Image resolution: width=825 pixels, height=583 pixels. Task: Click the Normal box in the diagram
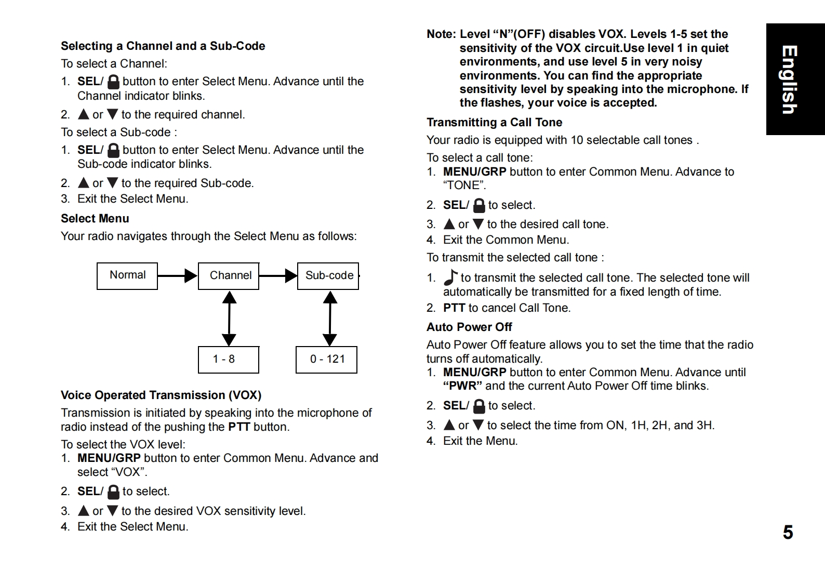pos(127,276)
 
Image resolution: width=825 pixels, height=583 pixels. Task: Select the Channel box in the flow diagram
pos(229,276)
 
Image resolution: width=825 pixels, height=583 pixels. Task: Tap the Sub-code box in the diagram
pos(328,276)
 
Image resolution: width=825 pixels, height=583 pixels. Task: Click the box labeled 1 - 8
pos(229,360)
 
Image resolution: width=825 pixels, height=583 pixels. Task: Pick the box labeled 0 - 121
pos(326,360)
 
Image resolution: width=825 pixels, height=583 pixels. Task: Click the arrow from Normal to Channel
pos(177,276)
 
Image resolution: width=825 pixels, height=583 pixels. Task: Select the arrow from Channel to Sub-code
pos(278,276)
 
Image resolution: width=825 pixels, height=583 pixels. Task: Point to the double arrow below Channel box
pos(229,319)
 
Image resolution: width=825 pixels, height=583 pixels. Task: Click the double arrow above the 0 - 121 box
pos(330,319)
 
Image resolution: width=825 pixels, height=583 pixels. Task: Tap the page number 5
pos(788,533)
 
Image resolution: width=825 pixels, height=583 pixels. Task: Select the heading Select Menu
pos(95,219)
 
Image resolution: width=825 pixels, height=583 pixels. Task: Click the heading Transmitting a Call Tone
pos(494,123)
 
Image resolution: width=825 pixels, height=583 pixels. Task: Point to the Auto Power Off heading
pos(469,327)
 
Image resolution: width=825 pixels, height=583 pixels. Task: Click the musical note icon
pos(450,277)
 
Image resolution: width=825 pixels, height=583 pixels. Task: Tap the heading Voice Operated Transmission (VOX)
pos(161,395)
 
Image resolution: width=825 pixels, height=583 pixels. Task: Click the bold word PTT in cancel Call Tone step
pos(454,308)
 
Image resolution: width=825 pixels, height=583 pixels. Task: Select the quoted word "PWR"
pos(462,386)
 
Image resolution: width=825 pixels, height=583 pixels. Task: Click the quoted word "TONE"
pos(464,186)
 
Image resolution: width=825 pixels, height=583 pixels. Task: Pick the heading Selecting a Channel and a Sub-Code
pos(163,46)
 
